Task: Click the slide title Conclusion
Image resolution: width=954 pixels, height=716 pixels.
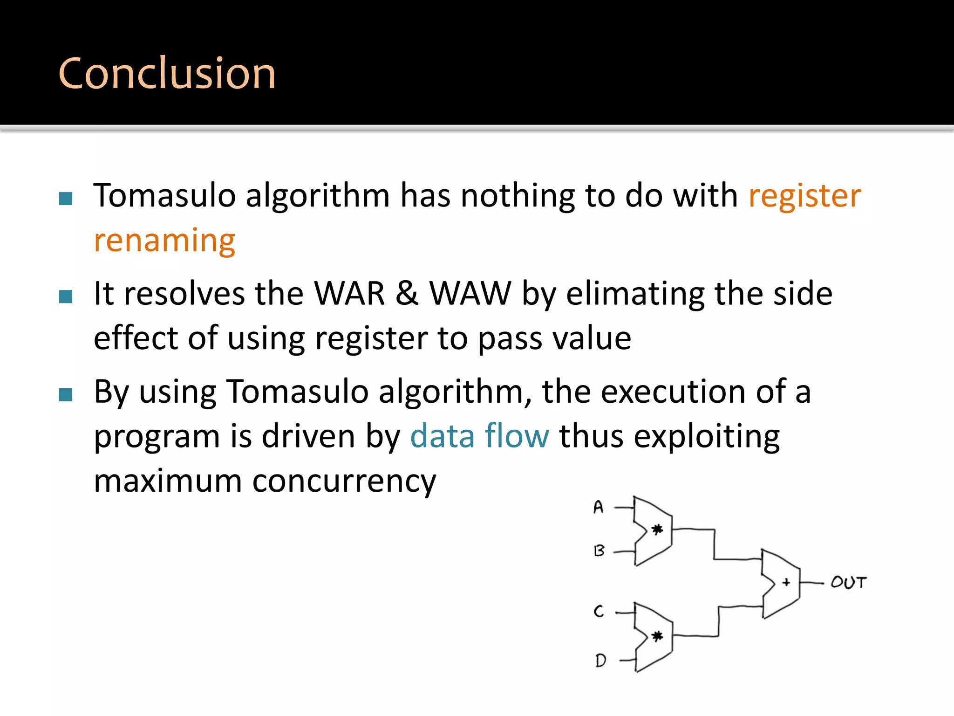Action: pos(167,73)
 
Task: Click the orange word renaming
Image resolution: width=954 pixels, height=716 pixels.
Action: pos(164,241)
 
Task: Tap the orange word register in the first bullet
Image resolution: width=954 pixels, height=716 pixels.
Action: pos(804,196)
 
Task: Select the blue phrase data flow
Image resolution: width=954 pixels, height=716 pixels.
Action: pos(479,436)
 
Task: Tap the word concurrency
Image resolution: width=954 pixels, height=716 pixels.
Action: pos(344,482)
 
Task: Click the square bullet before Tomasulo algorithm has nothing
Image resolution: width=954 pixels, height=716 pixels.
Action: pos(66,199)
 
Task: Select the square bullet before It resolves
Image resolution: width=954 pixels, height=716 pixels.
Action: pos(66,296)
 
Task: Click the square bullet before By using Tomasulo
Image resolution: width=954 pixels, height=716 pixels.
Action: pos(66,394)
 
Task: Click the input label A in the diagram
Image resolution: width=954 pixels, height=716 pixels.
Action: pos(599,507)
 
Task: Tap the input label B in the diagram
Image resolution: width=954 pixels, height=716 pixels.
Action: pos(600,551)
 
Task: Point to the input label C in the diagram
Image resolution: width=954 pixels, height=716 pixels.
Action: pos(599,611)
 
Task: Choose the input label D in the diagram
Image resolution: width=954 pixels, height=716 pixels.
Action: pos(600,660)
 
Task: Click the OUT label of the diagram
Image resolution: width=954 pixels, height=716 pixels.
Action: pos(848,583)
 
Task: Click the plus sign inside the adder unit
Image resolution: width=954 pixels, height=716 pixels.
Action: pos(786,582)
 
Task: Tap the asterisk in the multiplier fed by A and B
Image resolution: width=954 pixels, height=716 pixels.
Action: pos(657,530)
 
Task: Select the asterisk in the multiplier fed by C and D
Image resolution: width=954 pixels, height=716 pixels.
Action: pos(657,636)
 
